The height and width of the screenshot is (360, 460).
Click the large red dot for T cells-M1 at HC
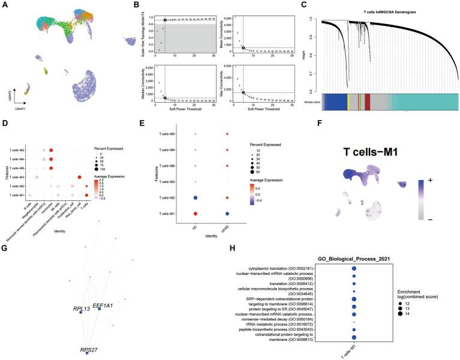click(196, 214)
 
